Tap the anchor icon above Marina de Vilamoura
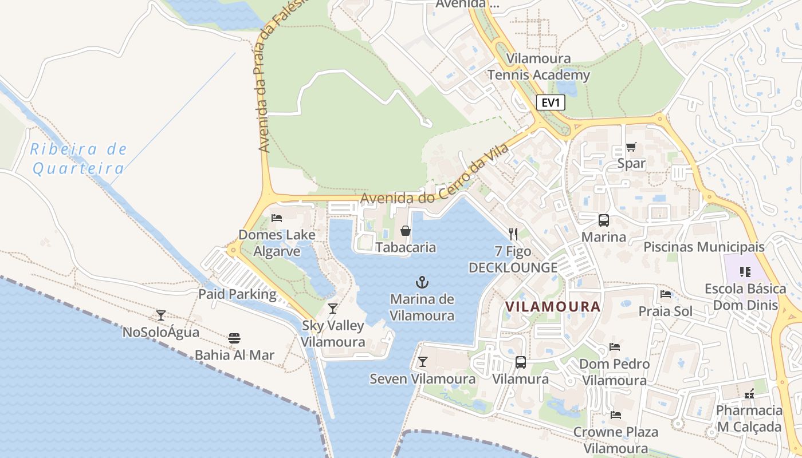pos(422,282)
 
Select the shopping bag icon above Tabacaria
pos(406,231)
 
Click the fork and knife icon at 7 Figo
pos(513,234)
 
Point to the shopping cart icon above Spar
pos(631,147)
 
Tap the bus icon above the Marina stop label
pos(603,220)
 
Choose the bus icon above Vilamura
pos(520,362)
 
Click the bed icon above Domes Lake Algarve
pos(277,218)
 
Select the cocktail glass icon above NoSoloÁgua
pos(161,315)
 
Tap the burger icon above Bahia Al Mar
pos(234,338)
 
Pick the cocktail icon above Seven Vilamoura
pos(423,362)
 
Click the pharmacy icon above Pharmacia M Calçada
pos(749,394)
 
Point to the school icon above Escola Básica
pos(745,272)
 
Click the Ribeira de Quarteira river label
pos(78,159)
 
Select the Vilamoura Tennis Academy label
pos(538,67)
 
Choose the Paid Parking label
pos(237,294)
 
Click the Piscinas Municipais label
pos(704,247)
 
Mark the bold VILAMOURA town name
pos(553,306)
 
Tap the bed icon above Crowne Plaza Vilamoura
pos(616,414)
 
